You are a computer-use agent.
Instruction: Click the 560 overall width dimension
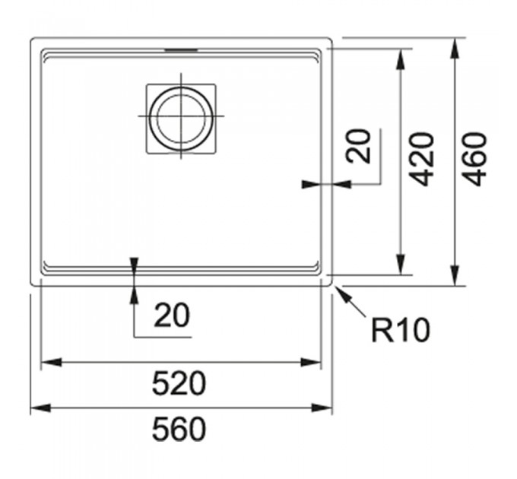point(179,429)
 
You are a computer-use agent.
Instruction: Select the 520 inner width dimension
point(179,383)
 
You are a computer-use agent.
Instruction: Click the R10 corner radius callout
point(401,330)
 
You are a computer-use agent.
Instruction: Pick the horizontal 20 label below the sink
point(172,316)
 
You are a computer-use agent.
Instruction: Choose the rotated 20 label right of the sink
point(358,146)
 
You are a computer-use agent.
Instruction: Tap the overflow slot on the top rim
point(181,50)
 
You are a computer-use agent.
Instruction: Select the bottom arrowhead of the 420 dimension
point(401,265)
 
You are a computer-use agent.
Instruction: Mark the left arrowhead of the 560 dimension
point(41,408)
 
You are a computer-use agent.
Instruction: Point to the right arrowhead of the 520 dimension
point(311,363)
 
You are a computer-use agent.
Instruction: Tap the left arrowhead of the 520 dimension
point(51,363)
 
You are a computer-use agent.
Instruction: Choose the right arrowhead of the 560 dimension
point(322,408)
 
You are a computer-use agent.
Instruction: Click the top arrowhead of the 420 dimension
point(401,59)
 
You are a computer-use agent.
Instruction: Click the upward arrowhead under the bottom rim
point(135,295)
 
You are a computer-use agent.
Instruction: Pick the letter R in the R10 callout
point(381,330)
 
